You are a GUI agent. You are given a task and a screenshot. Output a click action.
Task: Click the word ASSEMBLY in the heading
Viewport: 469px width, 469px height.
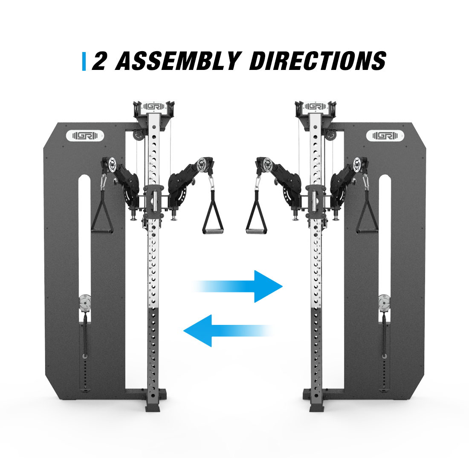(x=178, y=61)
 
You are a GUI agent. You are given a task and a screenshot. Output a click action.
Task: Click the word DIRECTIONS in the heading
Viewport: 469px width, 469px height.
(x=318, y=61)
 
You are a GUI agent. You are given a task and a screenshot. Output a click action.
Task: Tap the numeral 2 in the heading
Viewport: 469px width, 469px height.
(x=100, y=61)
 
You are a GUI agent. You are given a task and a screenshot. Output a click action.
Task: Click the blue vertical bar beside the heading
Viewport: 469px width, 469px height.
(x=84, y=61)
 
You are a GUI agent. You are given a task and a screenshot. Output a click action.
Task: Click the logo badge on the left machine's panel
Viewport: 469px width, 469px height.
(x=85, y=136)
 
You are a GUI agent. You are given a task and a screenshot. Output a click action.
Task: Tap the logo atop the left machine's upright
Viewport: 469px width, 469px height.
(x=153, y=107)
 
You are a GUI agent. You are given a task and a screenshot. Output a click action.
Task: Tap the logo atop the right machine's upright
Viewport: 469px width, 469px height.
(x=315, y=107)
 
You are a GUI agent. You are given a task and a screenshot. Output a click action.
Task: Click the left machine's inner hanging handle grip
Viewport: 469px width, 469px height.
(x=213, y=231)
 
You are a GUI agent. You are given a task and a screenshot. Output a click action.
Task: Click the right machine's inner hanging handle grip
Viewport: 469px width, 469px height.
(x=256, y=231)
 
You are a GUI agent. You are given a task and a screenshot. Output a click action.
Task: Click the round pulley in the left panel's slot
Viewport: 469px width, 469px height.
(x=85, y=303)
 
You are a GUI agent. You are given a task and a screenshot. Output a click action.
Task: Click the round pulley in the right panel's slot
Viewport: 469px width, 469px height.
(x=384, y=303)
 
